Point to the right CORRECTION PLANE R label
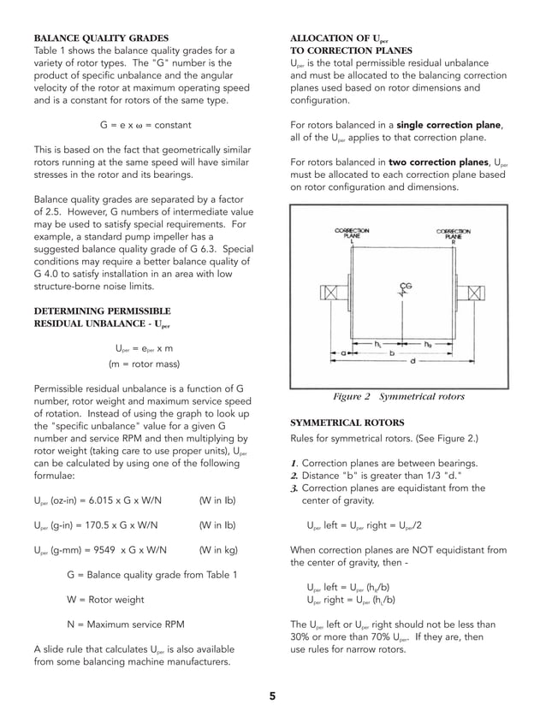(454, 234)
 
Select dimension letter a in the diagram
(343, 352)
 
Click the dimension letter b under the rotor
(392, 352)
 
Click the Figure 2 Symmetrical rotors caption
(398, 397)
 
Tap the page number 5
(272, 696)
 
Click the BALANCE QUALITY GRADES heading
(100, 38)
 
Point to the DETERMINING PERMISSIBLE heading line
(101, 310)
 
